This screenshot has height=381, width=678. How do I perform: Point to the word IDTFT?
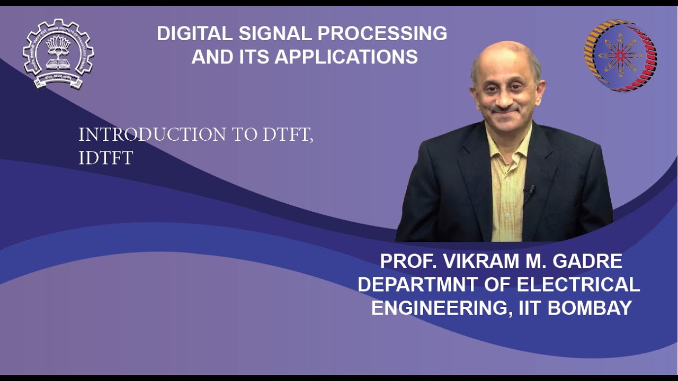(x=105, y=158)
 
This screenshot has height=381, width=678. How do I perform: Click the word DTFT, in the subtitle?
(x=288, y=135)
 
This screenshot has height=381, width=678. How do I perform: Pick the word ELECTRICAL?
(x=578, y=285)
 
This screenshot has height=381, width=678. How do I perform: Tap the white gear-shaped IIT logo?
(x=58, y=53)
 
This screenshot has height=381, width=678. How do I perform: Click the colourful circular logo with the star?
(x=620, y=56)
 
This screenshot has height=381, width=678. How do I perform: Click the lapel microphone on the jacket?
(x=528, y=189)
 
